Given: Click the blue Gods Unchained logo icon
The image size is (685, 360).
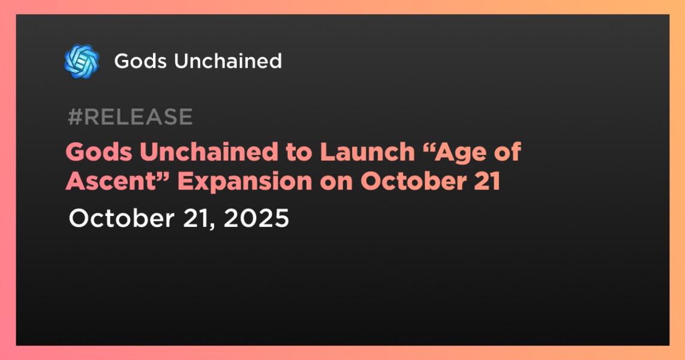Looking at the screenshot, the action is (x=82, y=61).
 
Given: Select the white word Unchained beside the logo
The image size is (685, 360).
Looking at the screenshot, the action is (x=227, y=61).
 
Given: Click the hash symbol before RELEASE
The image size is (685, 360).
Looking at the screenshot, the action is (x=76, y=116).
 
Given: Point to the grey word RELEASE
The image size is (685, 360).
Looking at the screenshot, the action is (x=138, y=116).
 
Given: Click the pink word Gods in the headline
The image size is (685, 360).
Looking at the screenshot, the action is (x=99, y=152).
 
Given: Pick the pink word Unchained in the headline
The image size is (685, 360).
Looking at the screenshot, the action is (x=209, y=152).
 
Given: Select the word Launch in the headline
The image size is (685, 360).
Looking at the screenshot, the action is (x=368, y=152).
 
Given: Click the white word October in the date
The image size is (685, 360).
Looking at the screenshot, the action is (x=121, y=218).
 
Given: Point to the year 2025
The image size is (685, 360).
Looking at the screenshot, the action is (x=257, y=218).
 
